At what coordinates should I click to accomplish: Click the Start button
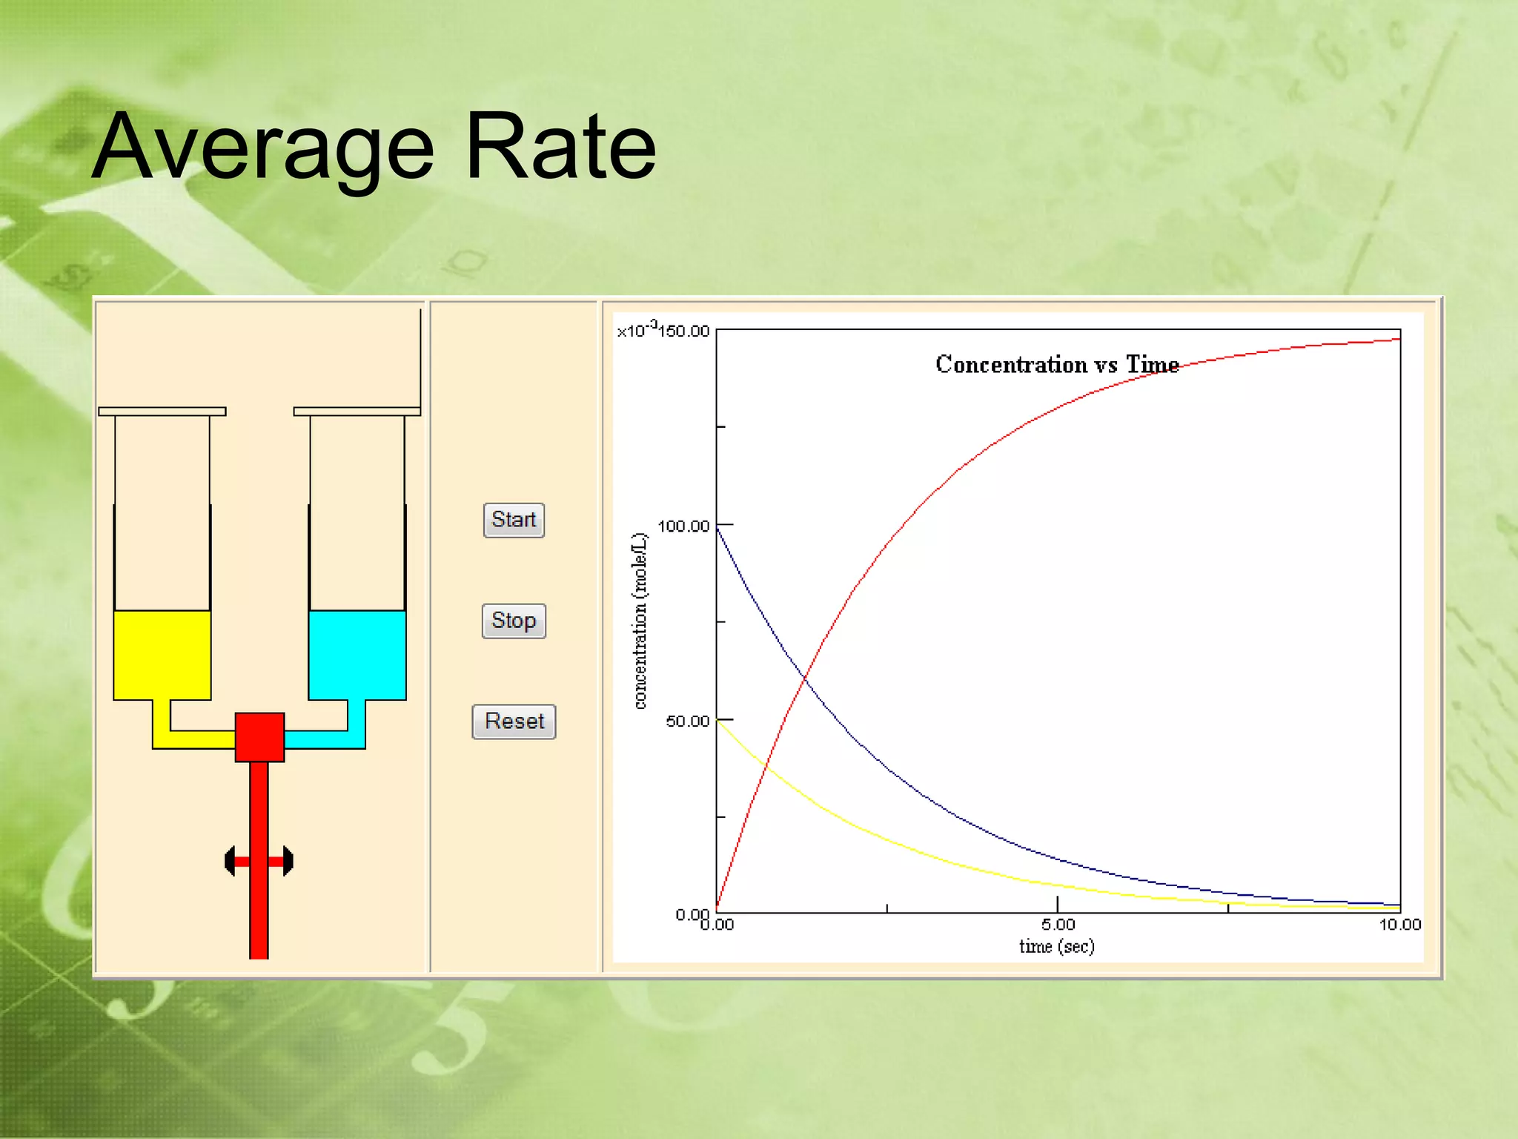click(x=514, y=520)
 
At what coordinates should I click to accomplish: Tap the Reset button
click(x=514, y=722)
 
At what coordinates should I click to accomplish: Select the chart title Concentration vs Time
click(x=1056, y=364)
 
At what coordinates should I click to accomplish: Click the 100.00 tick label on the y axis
click(x=683, y=526)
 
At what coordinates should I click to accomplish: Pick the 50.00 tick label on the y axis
click(x=687, y=722)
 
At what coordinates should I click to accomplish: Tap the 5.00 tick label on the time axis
click(x=1058, y=924)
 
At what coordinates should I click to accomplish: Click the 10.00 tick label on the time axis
click(x=1399, y=924)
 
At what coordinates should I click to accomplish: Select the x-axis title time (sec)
click(x=1056, y=946)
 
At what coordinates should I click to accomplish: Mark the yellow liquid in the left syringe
click(x=162, y=654)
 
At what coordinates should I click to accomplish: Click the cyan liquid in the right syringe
click(x=357, y=654)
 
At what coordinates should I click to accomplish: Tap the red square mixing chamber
click(x=259, y=737)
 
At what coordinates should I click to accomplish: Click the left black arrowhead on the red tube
click(x=230, y=861)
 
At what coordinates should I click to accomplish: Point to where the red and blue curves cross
click(x=805, y=678)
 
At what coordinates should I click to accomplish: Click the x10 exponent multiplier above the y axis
click(x=636, y=330)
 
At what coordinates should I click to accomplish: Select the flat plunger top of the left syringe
click(x=162, y=412)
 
